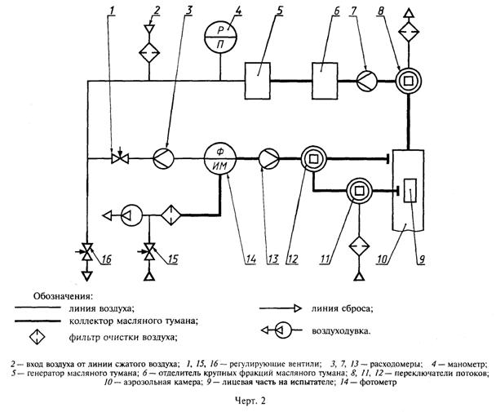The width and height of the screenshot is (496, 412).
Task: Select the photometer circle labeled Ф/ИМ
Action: pos(221,157)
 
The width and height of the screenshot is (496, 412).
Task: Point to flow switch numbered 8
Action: pos(406,80)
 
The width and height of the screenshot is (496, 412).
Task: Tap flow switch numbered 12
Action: pos(312,157)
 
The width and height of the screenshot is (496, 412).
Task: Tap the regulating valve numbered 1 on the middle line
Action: pos(116,157)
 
